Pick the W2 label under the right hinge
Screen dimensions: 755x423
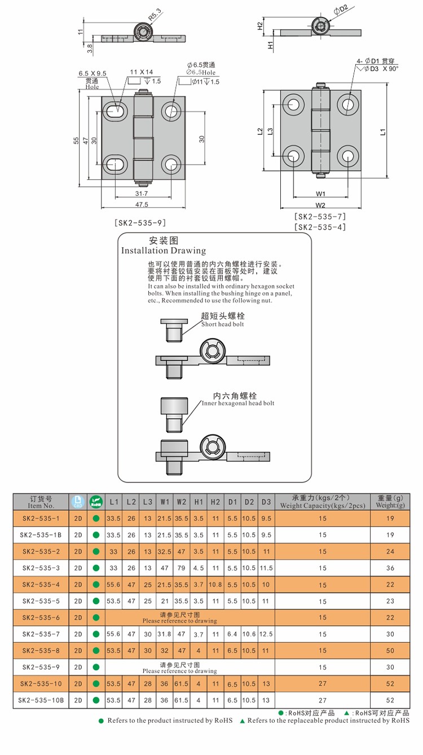(x=321, y=204)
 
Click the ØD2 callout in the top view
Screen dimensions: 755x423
(x=340, y=9)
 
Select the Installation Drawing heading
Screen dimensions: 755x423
(x=164, y=251)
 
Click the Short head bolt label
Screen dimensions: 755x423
(x=223, y=324)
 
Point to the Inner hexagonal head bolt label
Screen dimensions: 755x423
(x=238, y=403)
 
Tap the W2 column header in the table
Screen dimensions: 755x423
(x=182, y=501)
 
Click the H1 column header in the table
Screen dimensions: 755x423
(x=199, y=501)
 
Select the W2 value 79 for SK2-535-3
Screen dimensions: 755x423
(x=182, y=568)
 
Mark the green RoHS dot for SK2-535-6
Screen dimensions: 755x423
(x=96, y=618)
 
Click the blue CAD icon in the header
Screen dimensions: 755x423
(x=78, y=501)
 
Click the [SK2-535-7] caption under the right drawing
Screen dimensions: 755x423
(x=320, y=217)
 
